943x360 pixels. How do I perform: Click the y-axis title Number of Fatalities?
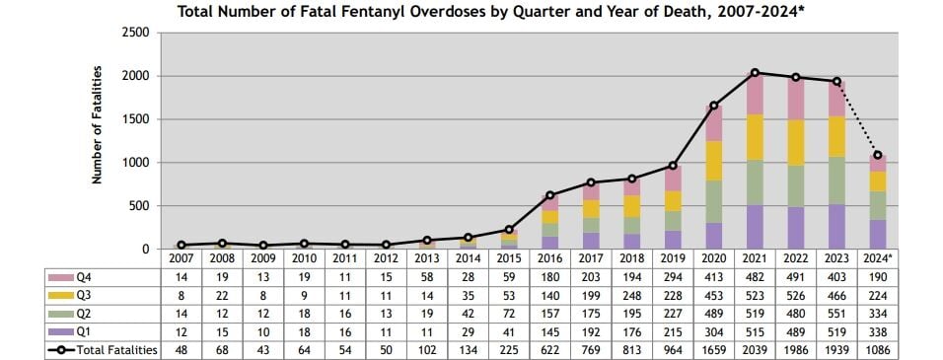(98, 125)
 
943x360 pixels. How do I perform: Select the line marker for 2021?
(755, 72)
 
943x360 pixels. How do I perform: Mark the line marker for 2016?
(549, 195)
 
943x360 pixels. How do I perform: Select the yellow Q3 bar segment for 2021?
(755, 137)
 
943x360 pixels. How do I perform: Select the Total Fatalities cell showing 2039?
(755, 350)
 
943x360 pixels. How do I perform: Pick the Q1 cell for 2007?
(181, 332)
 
